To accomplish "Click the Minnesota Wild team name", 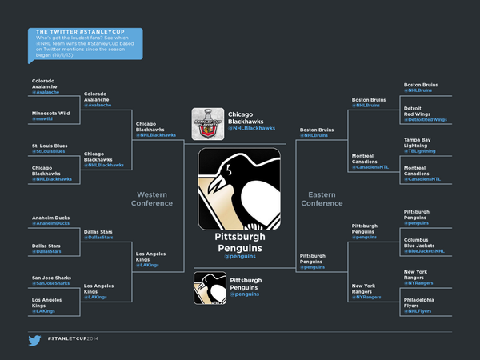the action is coord(50,113).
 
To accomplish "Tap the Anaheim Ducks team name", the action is coord(50,218).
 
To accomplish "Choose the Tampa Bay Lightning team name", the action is coord(422,142).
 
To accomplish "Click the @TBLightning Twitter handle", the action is coord(422,150).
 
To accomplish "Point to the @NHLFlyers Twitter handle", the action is coord(419,310).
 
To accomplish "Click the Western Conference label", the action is coord(154,198).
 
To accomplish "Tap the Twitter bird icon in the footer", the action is coord(34,340).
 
